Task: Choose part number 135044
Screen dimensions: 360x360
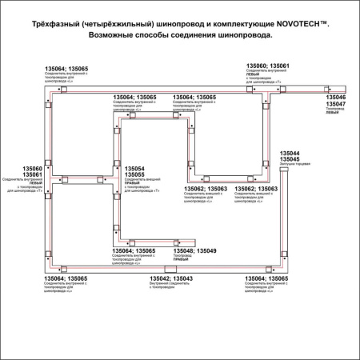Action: click(x=290, y=152)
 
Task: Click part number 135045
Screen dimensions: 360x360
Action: click(x=290, y=158)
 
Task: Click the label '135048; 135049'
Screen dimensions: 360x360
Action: click(x=195, y=250)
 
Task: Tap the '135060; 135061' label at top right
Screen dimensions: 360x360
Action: click(x=268, y=66)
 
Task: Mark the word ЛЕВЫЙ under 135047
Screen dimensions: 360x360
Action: click(x=332, y=114)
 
